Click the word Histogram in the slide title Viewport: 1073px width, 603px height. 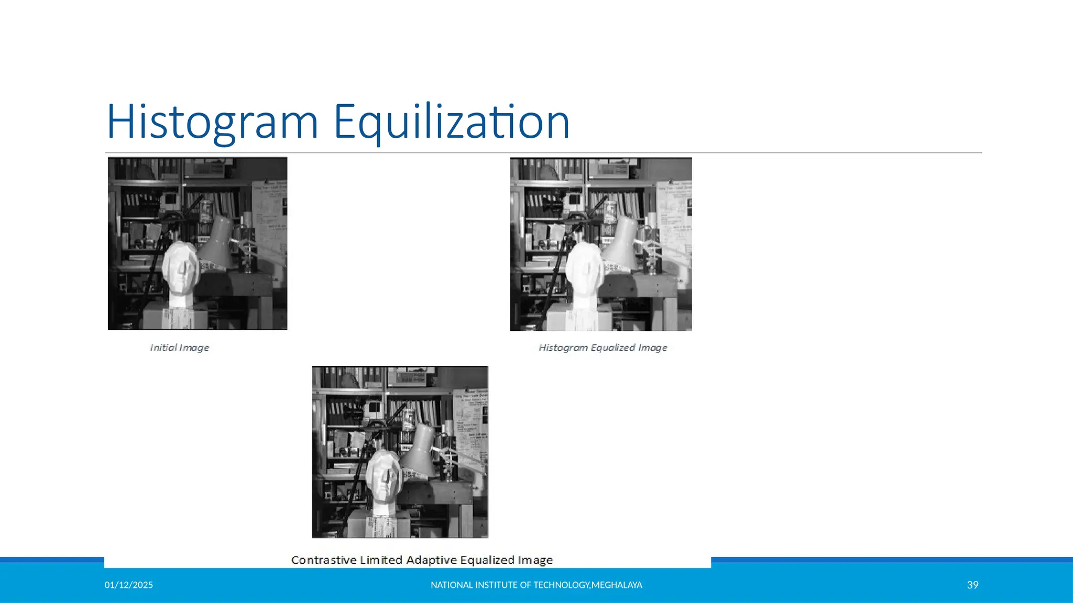tap(212, 122)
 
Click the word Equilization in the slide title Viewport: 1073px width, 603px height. tap(451, 122)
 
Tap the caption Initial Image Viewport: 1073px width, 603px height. tap(179, 348)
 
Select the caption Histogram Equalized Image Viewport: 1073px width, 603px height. tap(603, 348)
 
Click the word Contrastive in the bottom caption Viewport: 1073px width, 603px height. tap(323, 560)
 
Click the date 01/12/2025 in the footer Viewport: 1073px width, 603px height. tap(128, 585)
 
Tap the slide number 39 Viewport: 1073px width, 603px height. tap(972, 585)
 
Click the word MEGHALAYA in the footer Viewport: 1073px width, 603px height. tap(617, 585)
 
